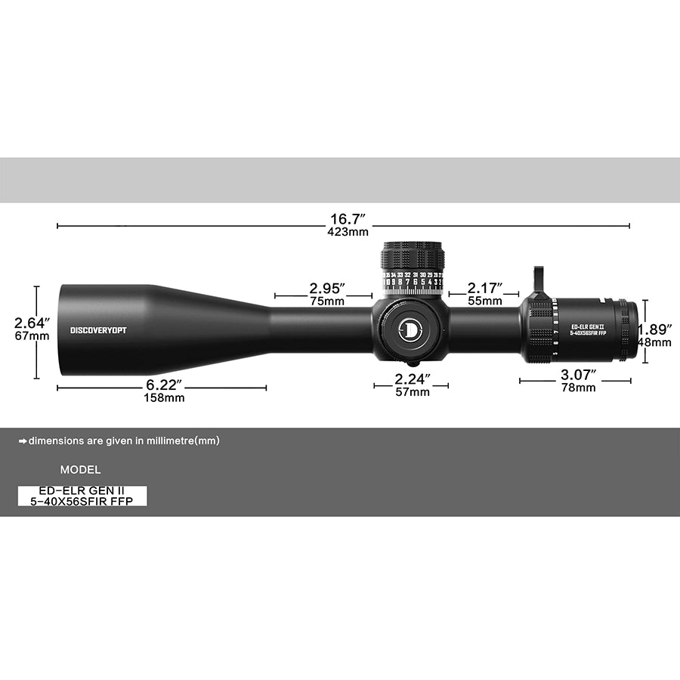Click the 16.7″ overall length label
[342, 219]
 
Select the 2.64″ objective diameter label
[32, 323]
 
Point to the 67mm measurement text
[32, 336]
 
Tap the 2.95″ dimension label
[326, 288]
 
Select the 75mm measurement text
[326, 301]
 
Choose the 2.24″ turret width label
[412, 379]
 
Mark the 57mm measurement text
[412, 392]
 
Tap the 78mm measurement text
[577, 388]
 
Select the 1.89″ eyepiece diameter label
[654, 329]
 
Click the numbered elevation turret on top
[413, 268]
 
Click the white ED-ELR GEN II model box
[82, 496]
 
